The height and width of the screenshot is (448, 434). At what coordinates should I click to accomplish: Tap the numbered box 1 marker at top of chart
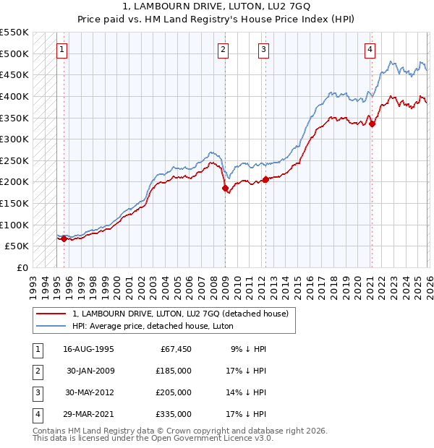coord(62,50)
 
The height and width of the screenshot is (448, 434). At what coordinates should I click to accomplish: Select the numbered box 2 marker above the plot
coord(224,50)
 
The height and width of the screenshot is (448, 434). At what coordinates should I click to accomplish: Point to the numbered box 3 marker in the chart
coord(263,50)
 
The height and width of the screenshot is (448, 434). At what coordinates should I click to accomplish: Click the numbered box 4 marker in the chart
coord(370,50)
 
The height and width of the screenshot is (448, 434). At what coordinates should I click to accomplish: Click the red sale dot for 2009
coord(225,188)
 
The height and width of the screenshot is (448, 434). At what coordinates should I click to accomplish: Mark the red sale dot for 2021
coord(372,124)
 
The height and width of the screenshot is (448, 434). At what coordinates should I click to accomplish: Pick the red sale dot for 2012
coord(265,179)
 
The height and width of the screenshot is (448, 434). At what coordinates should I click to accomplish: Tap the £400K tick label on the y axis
coord(14,96)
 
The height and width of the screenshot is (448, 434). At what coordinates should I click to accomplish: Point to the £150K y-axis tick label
coord(14,203)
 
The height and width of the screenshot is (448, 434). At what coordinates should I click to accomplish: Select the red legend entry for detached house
coord(180,314)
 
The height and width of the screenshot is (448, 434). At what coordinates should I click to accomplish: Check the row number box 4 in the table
coord(36,414)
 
